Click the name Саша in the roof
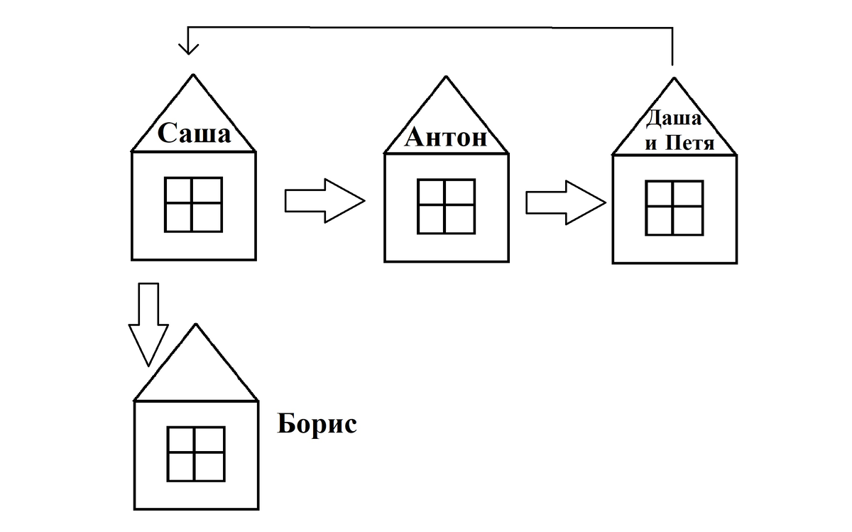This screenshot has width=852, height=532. tap(194, 134)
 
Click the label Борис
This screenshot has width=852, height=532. tap(317, 425)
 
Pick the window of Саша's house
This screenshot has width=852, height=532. tap(193, 205)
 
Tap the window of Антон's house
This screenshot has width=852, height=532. tap(446, 207)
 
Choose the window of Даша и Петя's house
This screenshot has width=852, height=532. tap(674, 208)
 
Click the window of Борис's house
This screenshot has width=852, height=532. tap(196, 453)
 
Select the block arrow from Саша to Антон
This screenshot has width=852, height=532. tap(324, 201)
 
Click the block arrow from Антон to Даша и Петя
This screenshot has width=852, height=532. tap(565, 202)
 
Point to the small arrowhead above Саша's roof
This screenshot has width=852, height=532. tap(188, 48)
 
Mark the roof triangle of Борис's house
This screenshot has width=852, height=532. tap(195, 373)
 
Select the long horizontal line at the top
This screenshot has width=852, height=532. tap(426, 26)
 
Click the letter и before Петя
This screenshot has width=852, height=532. tap(651, 145)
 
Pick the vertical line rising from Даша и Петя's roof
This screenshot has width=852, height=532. tap(672, 46)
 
